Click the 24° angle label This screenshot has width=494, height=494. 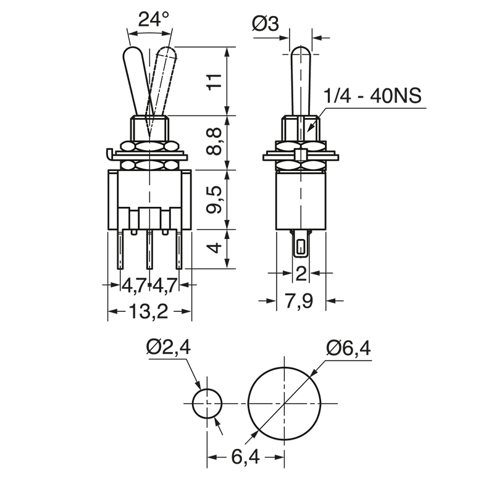coord(153,19)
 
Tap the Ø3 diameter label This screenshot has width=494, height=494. coord(266,24)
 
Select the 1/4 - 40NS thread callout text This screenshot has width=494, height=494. coord(373,96)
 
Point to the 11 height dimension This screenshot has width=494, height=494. coord(215,82)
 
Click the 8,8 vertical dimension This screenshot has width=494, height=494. coord(215,141)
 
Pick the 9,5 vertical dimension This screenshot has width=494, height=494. coord(215,199)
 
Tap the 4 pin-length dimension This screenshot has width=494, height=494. coord(215,248)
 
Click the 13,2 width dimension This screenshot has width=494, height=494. coord(148,312)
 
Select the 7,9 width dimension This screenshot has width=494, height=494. coord(299,301)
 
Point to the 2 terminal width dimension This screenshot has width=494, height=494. coord(301,273)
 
